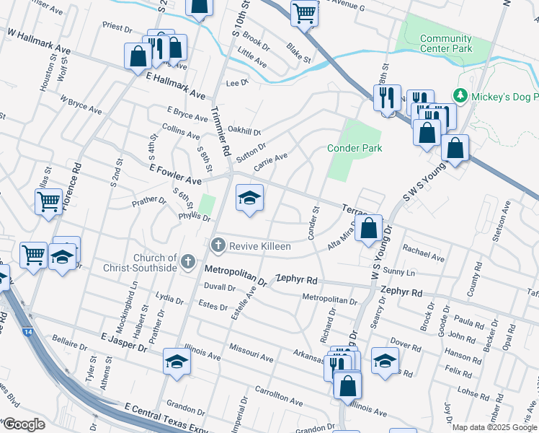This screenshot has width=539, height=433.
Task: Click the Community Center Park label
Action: coord(445,44)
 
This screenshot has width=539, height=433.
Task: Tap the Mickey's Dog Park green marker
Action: coord(459,95)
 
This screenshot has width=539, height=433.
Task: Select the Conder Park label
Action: coord(355,148)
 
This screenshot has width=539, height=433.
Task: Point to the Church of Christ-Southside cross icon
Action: coord(188,262)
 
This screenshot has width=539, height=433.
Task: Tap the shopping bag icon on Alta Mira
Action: coord(368,229)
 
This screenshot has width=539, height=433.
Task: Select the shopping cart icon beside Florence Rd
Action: coord(48,201)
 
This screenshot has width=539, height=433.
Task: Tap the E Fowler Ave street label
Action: coord(175,174)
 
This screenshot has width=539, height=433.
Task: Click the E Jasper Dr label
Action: coord(124,343)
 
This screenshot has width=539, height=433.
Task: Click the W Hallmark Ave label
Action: coord(40,41)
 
